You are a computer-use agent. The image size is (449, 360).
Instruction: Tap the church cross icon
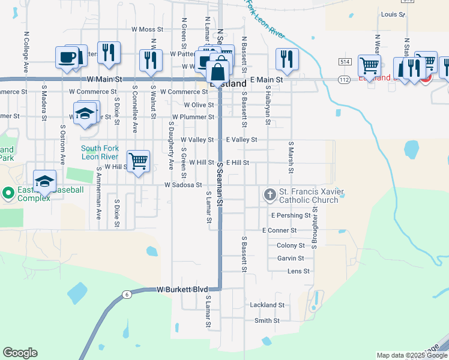tap(270, 194)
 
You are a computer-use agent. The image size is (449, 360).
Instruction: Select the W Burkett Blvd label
tap(182, 289)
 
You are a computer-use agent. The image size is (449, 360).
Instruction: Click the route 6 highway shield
tap(127, 294)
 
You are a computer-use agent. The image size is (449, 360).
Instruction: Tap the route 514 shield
tap(344, 62)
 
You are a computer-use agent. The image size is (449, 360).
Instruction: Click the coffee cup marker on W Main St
tap(66, 58)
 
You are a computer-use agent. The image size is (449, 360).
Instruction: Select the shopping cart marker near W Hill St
tap(139, 160)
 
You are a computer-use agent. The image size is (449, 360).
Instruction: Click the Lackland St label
tap(267, 305)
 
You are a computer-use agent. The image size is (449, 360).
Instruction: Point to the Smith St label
tap(267, 320)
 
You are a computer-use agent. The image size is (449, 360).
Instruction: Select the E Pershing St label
tap(291, 215)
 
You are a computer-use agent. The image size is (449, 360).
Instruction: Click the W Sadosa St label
tap(183, 185)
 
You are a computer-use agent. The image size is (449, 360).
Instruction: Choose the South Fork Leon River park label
tap(100, 152)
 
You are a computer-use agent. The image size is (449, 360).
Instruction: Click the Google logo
tap(20, 353)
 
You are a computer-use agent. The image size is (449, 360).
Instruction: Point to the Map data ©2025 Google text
tap(411, 355)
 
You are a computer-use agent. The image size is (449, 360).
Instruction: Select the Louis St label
tap(393, 14)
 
